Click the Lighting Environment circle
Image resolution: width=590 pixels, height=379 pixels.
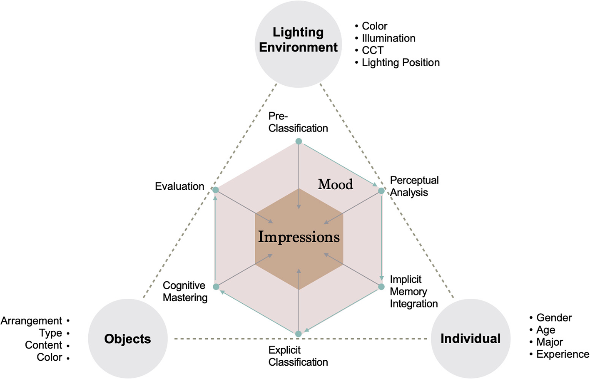(298, 44)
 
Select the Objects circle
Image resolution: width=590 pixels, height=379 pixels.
(128, 339)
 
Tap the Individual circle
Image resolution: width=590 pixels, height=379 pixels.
(471, 339)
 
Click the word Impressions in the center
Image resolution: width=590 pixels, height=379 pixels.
(299, 237)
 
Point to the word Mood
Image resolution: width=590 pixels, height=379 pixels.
(335, 184)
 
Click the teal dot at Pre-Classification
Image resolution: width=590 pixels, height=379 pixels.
(299, 141)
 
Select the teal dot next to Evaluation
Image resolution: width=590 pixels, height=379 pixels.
(216, 190)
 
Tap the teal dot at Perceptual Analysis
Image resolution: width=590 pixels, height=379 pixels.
(381, 191)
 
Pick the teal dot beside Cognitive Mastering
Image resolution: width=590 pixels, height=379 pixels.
(216, 287)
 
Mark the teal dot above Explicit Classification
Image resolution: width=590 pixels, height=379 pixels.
(298, 334)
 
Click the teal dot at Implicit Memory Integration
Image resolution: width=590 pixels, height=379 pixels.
(381, 287)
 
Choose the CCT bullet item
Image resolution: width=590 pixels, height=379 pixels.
(372, 50)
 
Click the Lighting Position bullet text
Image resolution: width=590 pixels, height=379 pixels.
(401, 62)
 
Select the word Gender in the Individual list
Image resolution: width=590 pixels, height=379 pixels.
(554, 318)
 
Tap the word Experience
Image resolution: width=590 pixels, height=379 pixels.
(563, 354)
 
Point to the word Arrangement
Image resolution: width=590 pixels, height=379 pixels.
(31, 321)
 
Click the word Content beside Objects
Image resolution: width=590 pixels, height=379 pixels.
(43, 345)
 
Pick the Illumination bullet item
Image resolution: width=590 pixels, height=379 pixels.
(388, 38)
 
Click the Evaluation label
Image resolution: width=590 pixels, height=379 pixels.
(179, 186)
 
